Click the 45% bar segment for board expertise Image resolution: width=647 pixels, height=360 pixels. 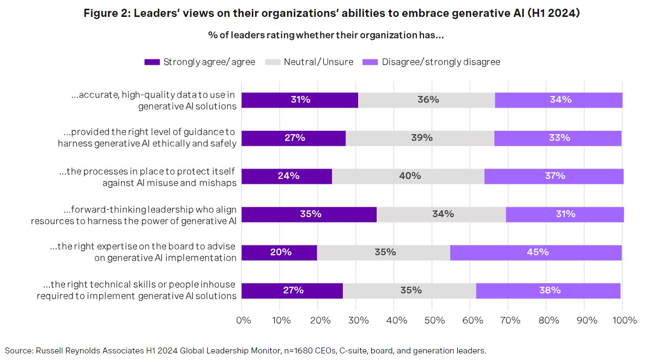point(536,253)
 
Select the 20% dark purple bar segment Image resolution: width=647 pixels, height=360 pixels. point(280,253)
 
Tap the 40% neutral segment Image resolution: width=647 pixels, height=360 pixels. point(408,176)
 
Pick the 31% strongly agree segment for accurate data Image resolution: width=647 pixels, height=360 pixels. point(300,100)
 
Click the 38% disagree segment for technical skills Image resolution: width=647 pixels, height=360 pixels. point(548,291)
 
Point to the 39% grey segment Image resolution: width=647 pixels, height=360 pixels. point(420,138)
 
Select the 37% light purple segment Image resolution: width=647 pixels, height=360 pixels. point(554,176)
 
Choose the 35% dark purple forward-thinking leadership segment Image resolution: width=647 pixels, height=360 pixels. point(309,214)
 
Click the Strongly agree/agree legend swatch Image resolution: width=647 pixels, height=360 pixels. point(152,62)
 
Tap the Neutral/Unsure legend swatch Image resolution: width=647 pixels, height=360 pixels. point(272,62)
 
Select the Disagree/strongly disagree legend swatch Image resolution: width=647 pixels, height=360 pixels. point(370,62)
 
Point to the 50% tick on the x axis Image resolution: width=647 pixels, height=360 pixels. point(432,320)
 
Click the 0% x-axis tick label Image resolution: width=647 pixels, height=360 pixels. point(243,320)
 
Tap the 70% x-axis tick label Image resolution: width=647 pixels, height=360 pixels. point(509,320)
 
